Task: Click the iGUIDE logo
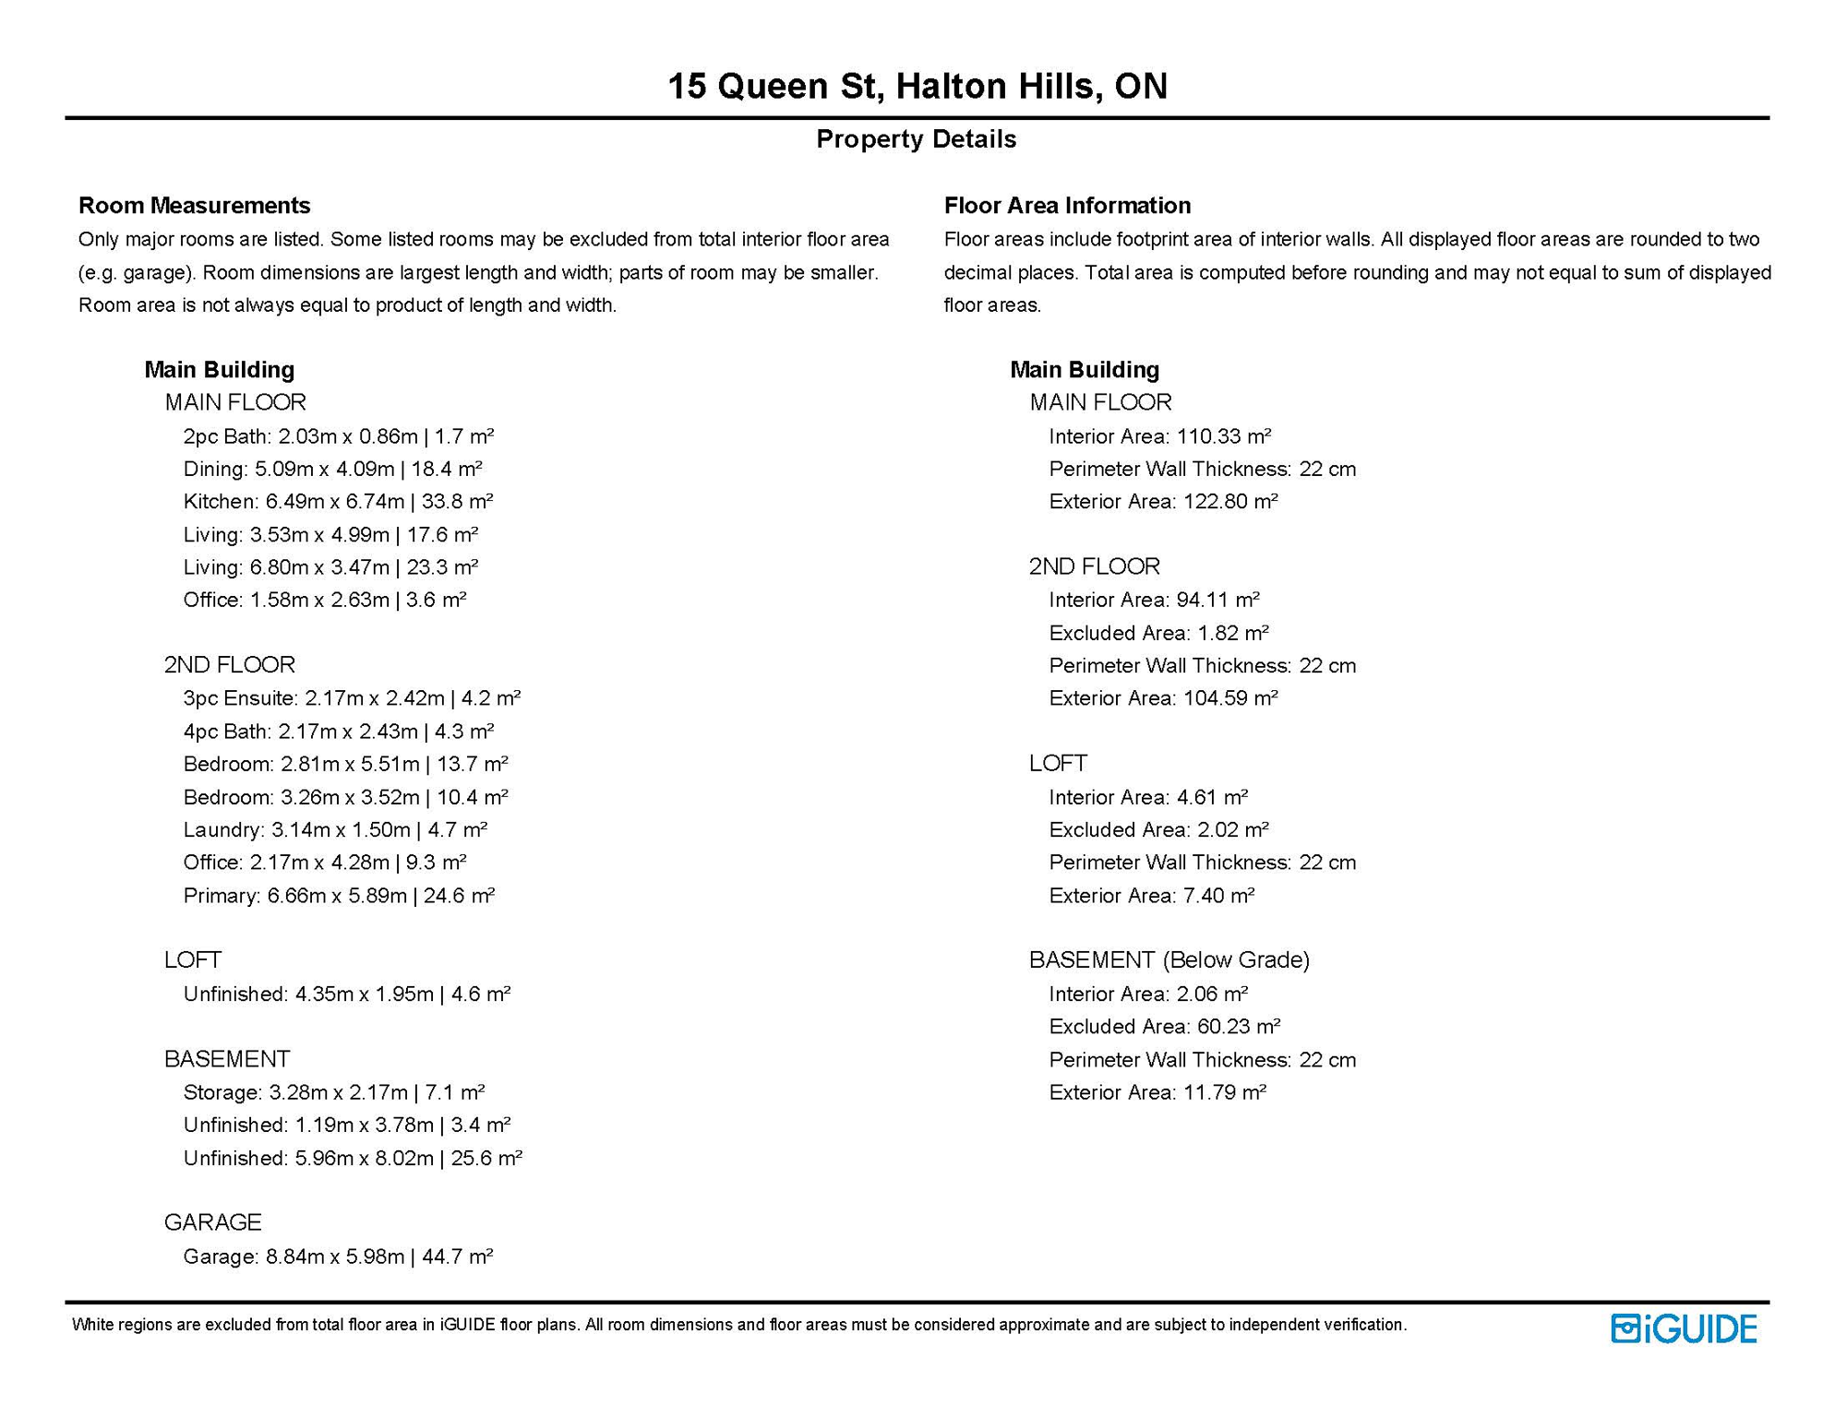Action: click(x=1683, y=1328)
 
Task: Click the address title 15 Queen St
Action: click(x=917, y=86)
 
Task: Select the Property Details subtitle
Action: click(x=916, y=139)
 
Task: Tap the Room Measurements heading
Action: click(x=194, y=205)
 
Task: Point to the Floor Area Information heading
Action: click(x=1067, y=205)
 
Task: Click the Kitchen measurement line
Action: click(x=338, y=502)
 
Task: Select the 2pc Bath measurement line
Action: click(x=338, y=436)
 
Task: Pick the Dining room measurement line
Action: click(x=332, y=469)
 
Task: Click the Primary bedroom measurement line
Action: click(x=339, y=896)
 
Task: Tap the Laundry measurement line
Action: click(x=335, y=830)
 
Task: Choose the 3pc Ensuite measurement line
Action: click(x=352, y=698)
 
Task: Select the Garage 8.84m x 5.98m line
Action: click(x=338, y=1256)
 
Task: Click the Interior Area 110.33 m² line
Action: click(x=1159, y=436)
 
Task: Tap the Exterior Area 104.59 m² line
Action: click(x=1163, y=698)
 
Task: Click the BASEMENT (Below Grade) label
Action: click(x=1169, y=960)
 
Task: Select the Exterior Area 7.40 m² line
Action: click(x=1151, y=896)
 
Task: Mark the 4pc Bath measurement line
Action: click(x=338, y=732)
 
